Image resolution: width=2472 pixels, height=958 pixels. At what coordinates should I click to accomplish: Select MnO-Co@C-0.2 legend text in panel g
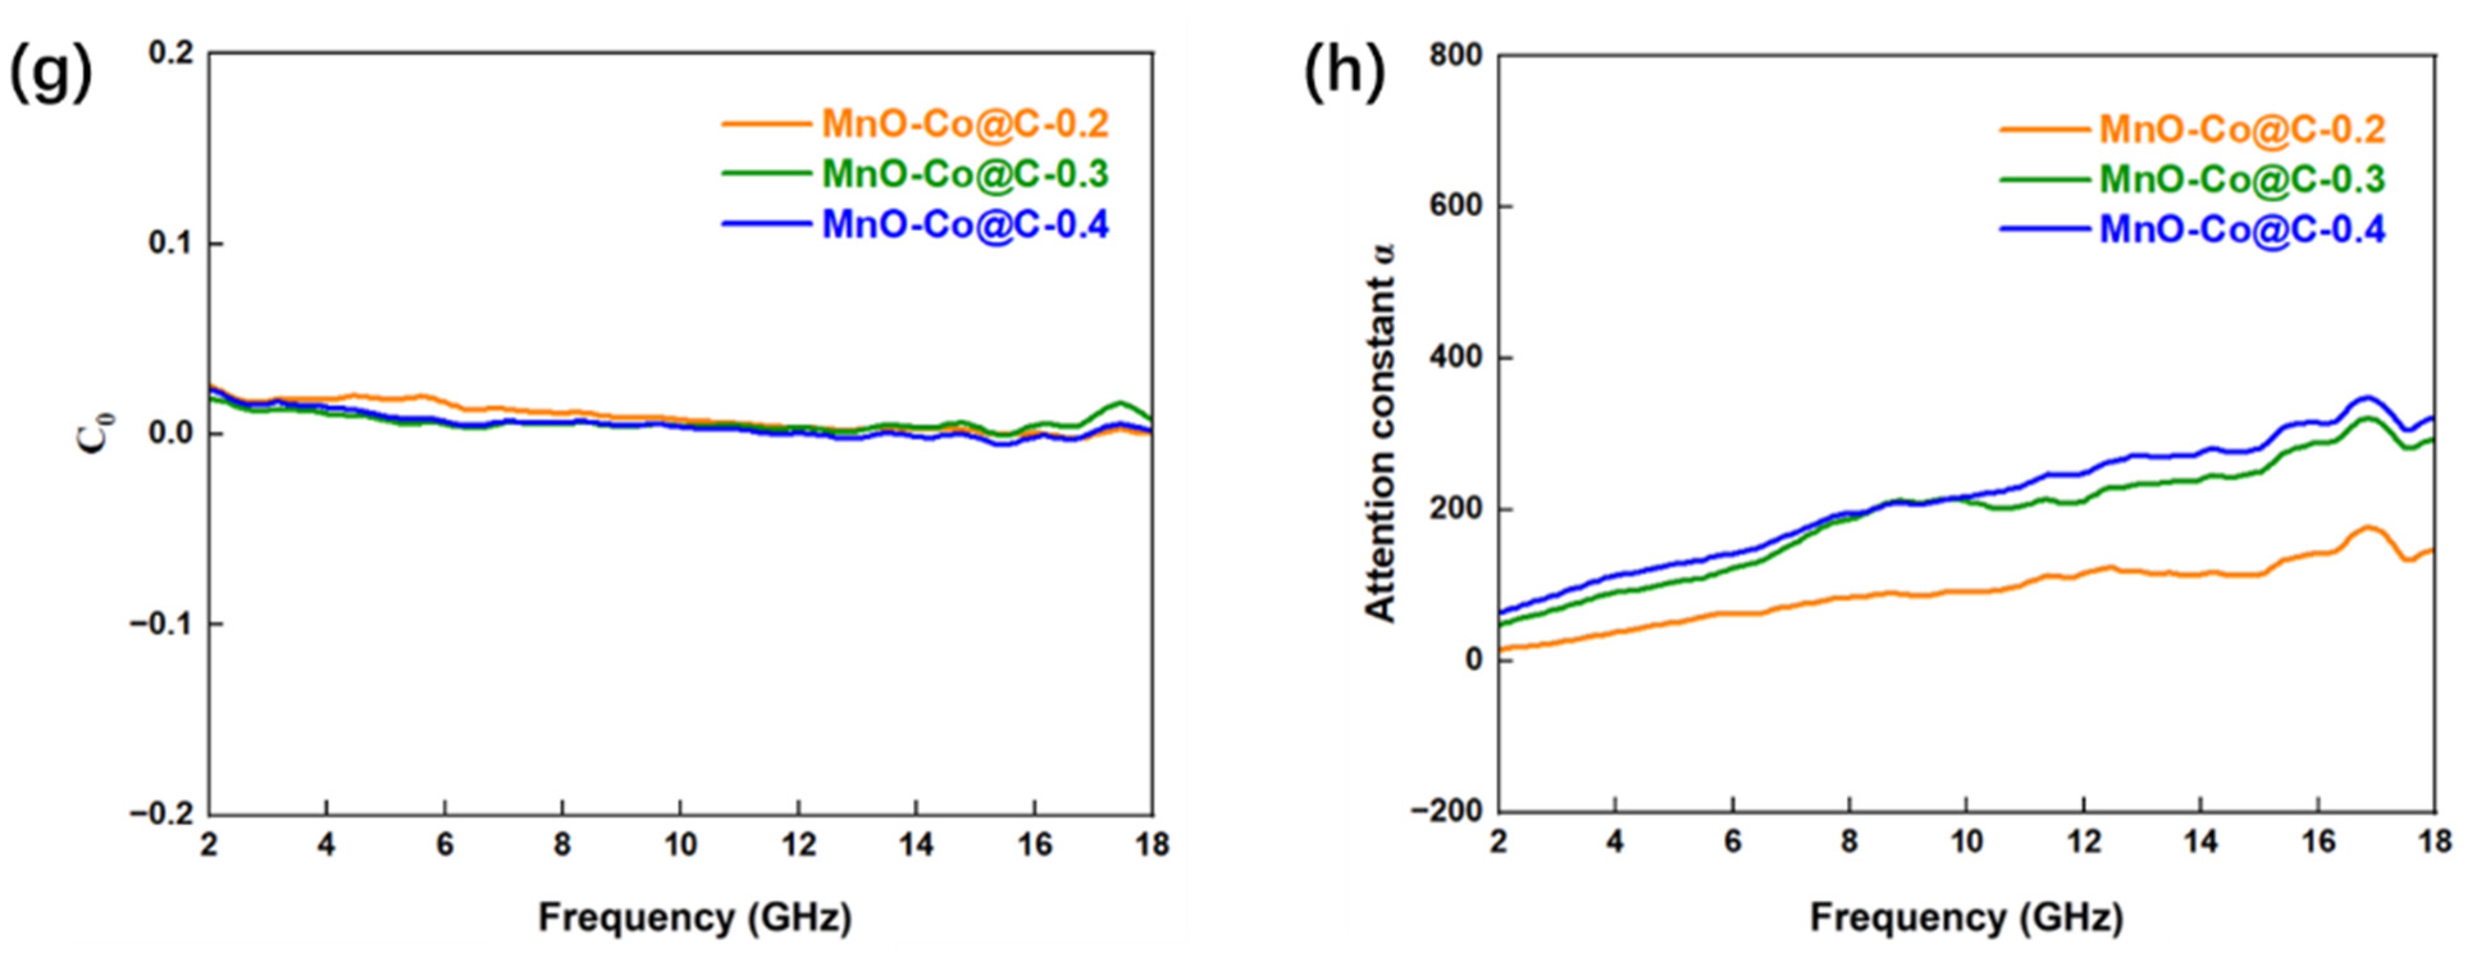[964, 124]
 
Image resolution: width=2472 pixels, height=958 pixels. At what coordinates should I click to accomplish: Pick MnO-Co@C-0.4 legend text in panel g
[964, 226]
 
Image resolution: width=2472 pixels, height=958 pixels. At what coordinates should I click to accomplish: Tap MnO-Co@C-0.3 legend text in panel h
[2241, 179]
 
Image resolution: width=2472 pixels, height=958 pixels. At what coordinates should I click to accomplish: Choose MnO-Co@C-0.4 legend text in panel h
[2241, 229]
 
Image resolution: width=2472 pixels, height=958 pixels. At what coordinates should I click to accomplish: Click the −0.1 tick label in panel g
[162, 624]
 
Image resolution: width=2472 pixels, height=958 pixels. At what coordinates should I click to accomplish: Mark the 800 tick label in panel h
[1455, 56]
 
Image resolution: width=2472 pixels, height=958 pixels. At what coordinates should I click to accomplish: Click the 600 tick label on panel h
[1455, 206]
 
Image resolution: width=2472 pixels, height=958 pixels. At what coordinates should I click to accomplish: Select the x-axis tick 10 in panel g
[679, 845]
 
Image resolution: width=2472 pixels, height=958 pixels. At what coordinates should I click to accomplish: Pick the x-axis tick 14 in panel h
[2200, 842]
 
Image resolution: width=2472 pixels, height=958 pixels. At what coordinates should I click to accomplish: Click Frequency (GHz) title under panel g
[695, 918]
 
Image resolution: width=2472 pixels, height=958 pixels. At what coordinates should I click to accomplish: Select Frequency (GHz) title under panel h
[1966, 918]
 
